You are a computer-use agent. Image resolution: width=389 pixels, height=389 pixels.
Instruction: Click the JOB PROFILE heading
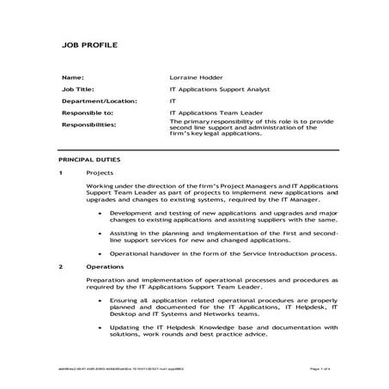pos(89,45)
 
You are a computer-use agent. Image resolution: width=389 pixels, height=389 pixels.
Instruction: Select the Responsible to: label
pos(88,112)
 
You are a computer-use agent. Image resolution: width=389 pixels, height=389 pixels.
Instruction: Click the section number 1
pos(61,173)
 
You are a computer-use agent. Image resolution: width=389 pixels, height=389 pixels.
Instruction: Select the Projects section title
pos(100,173)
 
